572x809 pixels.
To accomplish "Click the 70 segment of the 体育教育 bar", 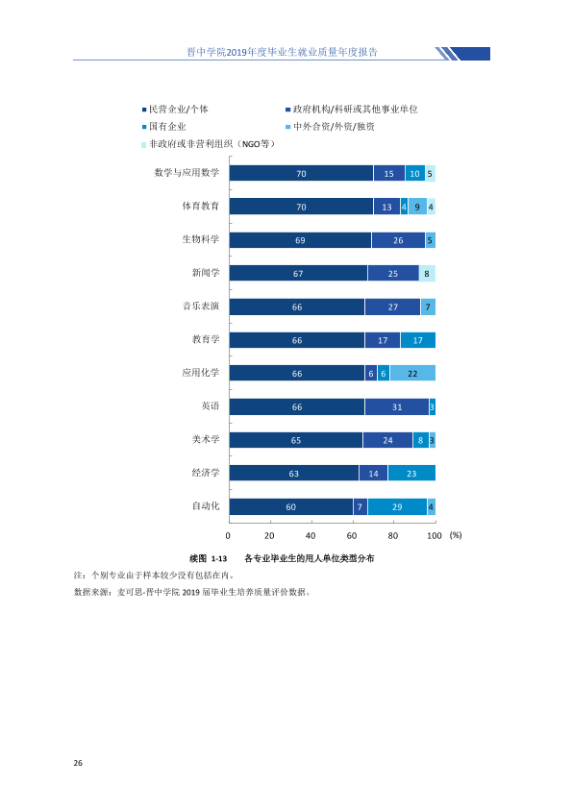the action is coord(301,207).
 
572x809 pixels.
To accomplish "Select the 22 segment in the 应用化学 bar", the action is coord(412,373).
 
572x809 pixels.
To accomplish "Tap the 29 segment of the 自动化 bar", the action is coord(397,506).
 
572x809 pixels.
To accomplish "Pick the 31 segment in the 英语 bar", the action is coord(396,406).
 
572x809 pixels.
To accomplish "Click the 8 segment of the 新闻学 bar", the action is coord(427,273).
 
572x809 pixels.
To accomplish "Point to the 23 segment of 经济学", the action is coord(411,473).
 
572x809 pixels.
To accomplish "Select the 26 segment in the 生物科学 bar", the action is coord(398,240).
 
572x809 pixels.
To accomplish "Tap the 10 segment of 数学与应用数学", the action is coord(415,173).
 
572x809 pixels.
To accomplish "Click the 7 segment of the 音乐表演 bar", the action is coord(428,306).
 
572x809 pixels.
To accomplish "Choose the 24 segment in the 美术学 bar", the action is coord(387,440).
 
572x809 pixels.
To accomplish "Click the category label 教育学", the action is coord(206,339).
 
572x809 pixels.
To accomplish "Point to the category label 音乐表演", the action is coord(201,306).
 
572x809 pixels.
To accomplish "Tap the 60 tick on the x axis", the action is coord(352,535).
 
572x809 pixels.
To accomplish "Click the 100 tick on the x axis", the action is coord(435,535).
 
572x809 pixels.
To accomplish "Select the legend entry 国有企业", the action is coord(164,127).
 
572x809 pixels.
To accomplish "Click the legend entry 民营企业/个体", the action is coord(176,110).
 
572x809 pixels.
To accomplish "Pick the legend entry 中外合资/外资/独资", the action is coord(331,127).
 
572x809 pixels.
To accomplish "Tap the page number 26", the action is coord(78,763).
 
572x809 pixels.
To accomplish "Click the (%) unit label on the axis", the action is coord(456,535).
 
